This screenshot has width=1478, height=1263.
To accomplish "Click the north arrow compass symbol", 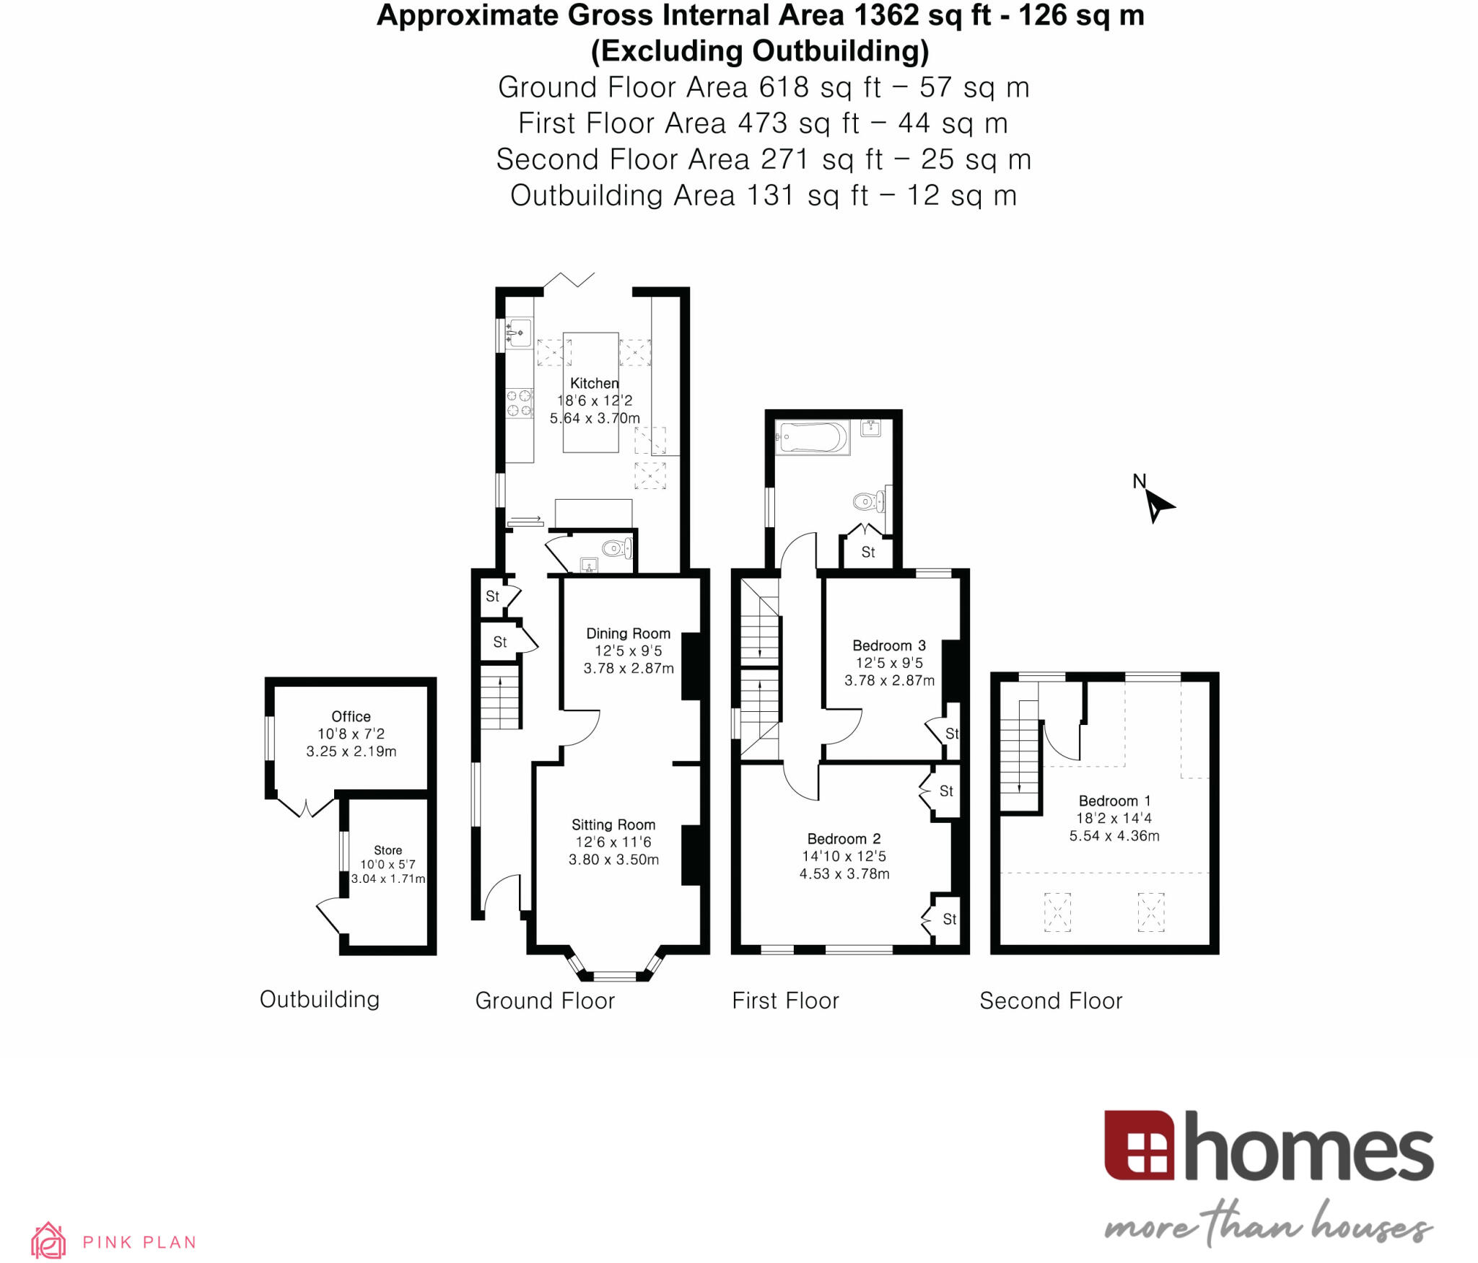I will click(1156, 503).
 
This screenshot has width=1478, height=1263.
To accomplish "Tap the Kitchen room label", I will click(594, 383).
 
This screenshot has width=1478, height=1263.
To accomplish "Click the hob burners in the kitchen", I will click(519, 403).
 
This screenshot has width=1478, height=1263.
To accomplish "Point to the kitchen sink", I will click(519, 333).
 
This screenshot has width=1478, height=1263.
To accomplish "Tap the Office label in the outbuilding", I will click(351, 716).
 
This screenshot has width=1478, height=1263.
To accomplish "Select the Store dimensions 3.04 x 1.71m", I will click(388, 879).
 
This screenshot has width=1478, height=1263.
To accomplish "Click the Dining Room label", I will click(628, 633).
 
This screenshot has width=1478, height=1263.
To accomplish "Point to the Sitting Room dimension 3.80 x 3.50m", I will click(613, 859).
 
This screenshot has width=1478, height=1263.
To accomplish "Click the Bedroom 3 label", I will click(888, 646).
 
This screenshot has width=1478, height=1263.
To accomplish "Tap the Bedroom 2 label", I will click(844, 839).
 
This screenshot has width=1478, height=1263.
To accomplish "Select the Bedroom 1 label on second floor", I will click(1114, 801).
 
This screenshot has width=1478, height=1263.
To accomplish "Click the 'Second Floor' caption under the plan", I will click(1050, 1000).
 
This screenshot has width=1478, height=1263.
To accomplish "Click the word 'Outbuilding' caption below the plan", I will click(319, 999).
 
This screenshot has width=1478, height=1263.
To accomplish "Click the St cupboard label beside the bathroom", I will click(868, 552).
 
